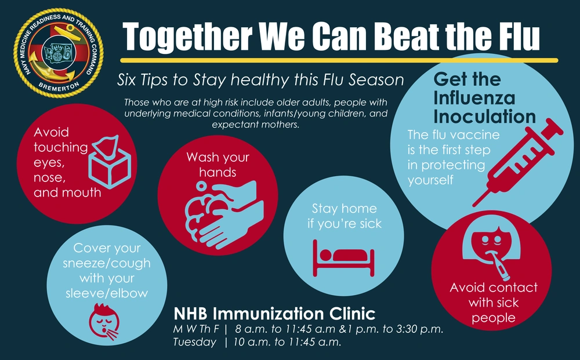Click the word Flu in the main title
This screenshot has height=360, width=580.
pos(514,37)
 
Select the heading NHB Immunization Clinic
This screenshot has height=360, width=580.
pos(274,314)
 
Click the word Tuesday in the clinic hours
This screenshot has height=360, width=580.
pos(195,342)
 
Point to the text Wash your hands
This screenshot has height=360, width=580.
pos(217,165)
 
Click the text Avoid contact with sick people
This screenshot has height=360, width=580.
pos(494,303)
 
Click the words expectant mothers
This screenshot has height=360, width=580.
pos(256,125)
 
